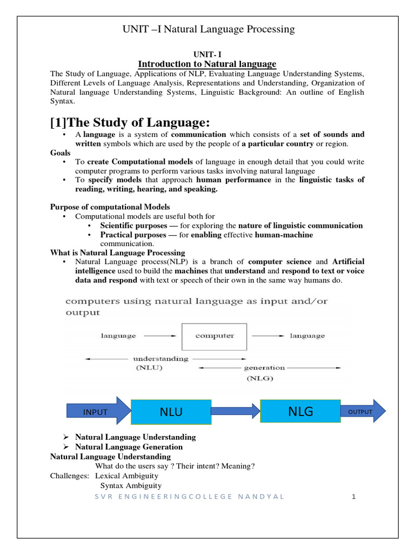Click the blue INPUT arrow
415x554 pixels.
tap(97, 412)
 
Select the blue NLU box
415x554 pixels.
tap(171, 412)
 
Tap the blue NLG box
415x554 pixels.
tap(300, 411)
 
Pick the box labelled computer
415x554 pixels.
tap(214, 336)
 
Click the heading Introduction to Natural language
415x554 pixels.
tap(207, 64)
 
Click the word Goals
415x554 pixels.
tap(61, 153)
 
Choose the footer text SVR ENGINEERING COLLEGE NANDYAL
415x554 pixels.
tap(189, 496)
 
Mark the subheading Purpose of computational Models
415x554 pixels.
tap(110, 207)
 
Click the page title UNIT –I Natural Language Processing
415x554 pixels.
tap(207, 29)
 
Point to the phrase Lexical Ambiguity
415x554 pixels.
tap(126, 476)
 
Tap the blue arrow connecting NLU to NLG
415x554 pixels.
tap(235, 412)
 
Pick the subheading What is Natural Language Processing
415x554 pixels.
tap(117, 252)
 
